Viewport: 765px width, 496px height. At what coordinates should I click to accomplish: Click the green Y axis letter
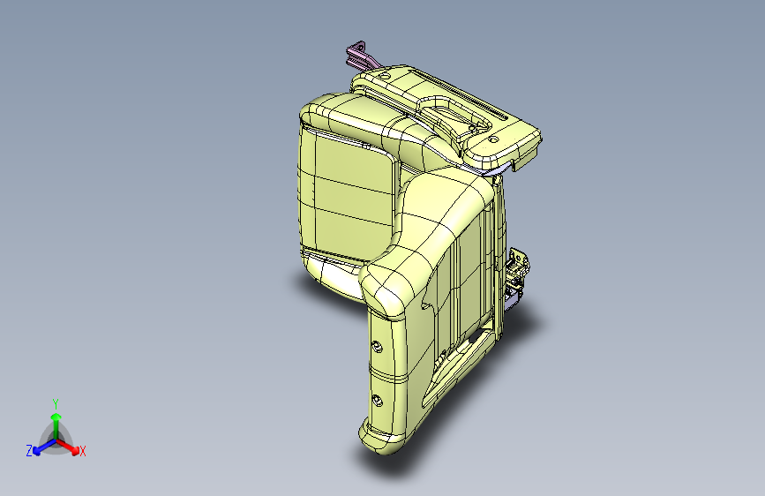tap(55, 402)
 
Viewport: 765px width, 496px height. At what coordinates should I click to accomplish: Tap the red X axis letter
tap(83, 452)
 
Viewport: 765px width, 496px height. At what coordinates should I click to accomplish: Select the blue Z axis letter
tap(29, 451)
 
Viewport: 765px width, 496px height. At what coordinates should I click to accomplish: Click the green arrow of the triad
tap(56, 419)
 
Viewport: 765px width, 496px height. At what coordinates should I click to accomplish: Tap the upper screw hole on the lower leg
tap(378, 346)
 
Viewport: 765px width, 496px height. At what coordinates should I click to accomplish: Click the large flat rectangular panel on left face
tap(346, 190)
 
